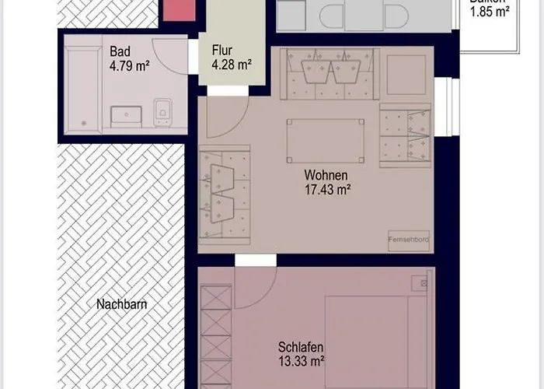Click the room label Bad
[120, 52]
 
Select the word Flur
[222, 52]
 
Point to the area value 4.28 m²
[231, 66]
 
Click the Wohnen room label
[326, 175]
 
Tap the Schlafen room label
[301, 347]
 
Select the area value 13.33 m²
[301, 361]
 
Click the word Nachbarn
[122, 304]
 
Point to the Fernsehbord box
[410, 240]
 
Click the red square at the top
[178, 9]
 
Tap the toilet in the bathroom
[162, 112]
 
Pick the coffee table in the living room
[325, 141]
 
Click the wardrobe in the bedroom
[216, 335]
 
